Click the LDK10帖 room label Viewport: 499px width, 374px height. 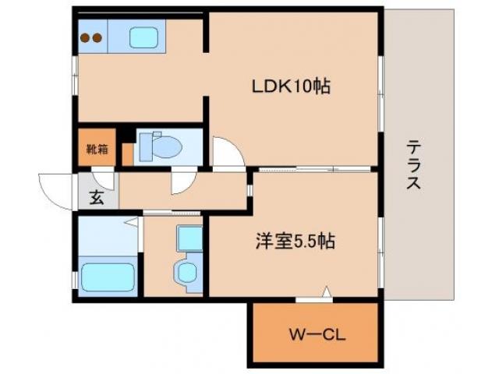point(290,86)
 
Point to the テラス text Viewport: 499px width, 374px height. point(414,165)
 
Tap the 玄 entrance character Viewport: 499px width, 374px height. point(97,198)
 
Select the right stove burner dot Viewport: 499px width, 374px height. point(97,37)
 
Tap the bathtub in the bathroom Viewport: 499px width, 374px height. point(107,276)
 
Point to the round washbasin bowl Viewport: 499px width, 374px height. point(186,272)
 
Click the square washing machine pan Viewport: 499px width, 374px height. point(188,237)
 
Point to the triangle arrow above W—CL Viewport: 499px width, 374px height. point(326,293)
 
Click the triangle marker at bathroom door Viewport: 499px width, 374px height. point(133,224)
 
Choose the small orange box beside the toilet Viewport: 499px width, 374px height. point(127,153)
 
